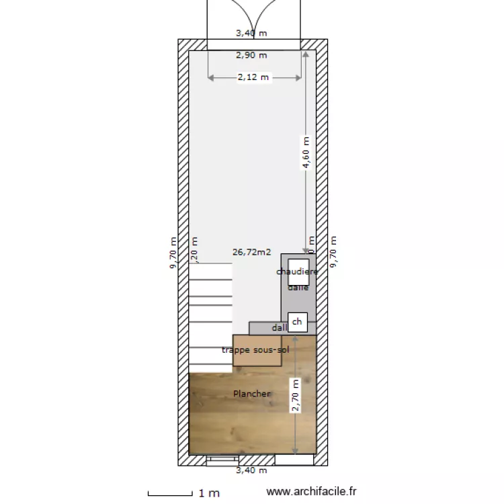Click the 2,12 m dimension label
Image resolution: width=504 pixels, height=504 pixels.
point(253,77)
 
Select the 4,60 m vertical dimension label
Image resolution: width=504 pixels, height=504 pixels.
point(306,156)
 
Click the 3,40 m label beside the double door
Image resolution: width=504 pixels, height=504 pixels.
point(250,32)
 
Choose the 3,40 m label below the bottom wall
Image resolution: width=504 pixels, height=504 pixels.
point(251,470)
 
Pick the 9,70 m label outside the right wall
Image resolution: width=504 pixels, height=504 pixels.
point(333,253)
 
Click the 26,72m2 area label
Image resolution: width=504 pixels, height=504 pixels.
point(251,253)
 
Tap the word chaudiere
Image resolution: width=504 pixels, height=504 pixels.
point(297,271)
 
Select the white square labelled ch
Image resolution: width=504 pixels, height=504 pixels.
point(298,323)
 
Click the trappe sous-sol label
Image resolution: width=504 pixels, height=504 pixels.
point(255,350)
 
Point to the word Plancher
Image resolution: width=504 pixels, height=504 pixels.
point(252,393)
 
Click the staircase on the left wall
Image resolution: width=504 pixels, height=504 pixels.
point(210,316)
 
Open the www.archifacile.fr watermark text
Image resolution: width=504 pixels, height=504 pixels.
point(312,493)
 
